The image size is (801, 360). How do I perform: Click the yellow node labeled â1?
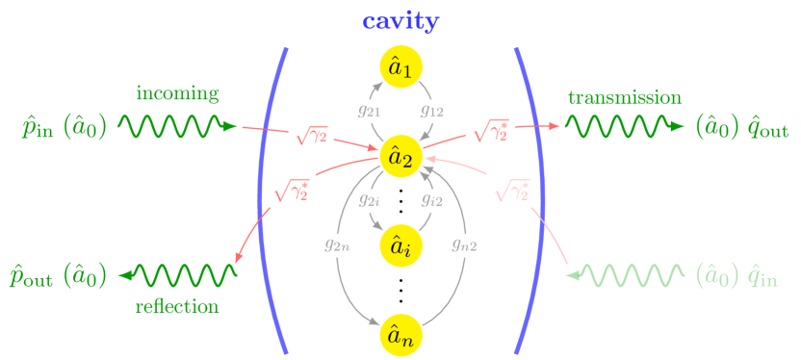[x=400, y=67]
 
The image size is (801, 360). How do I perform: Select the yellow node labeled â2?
[x=400, y=156]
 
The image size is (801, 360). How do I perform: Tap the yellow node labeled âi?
[x=400, y=245]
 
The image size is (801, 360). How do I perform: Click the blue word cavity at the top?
[x=400, y=20]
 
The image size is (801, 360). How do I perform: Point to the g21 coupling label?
[x=368, y=111]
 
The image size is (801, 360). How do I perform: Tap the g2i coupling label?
[x=368, y=200]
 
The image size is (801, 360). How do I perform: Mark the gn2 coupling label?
[x=464, y=244]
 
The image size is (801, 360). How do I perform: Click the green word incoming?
[x=177, y=93]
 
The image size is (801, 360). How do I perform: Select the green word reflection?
[x=177, y=306]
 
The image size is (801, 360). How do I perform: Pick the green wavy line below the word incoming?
[x=173, y=126]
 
